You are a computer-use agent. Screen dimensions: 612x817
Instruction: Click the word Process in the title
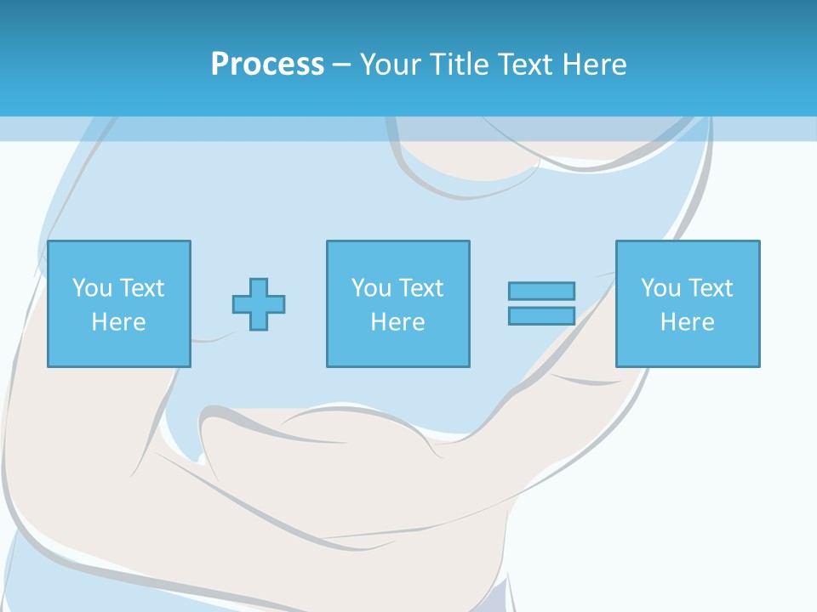(x=267, y=65)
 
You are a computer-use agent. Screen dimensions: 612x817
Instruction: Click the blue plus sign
(x=259, y=303)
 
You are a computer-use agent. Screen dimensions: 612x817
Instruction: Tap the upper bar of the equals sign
(x=541, y=291)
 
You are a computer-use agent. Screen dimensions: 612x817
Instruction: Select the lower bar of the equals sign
(x=541, y=315)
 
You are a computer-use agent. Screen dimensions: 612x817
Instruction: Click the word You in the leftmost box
(x=92, y=288)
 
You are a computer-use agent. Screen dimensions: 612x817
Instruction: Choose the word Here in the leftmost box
(x=118, y=322)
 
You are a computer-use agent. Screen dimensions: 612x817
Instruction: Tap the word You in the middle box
(x=371, y=288)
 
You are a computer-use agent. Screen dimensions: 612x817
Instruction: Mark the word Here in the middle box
(x=397, y=322)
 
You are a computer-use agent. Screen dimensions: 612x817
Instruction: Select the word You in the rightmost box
(x=660, y=288)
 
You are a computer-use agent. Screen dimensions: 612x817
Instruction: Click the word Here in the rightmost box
(x=687, y=322)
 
